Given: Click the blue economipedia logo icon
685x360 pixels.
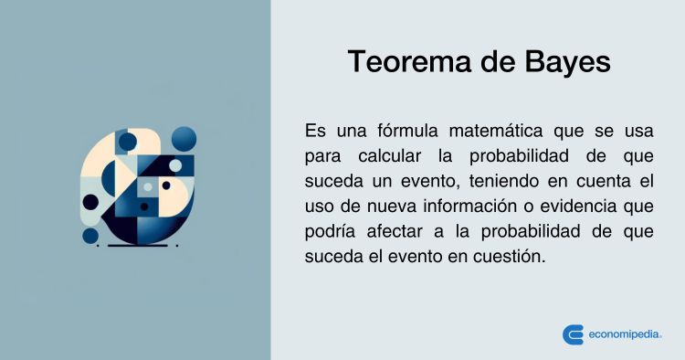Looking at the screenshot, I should tap(573, 334).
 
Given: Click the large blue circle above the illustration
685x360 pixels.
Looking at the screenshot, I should tap(184, 138).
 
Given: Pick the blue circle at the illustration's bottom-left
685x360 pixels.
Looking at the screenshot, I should tap(90, 236).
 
